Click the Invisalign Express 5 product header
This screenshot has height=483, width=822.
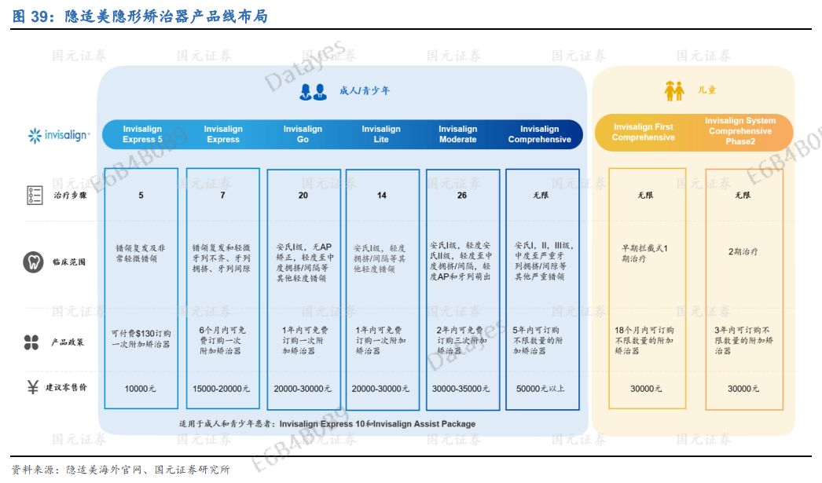pyautogui.click(x=142, y=134)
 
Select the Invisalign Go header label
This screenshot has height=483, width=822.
pyautogui.click(x=303, y=134)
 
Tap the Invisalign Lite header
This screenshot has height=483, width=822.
pyautogui.click(x=381, y=134)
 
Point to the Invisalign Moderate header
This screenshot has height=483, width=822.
pyautogui.click(x=457, y=134)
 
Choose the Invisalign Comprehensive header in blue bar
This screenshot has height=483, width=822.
pyautogui.click(x=539, y=134)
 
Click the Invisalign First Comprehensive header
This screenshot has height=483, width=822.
pyautogui.click(x=644, y=132)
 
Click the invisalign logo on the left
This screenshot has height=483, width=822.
pyautogui.click(x=59, y=135)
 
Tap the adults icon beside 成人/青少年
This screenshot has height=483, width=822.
pyautogui.click(x=313, y=92)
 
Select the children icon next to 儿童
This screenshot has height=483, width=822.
pyautogui.click(x=674, y=91)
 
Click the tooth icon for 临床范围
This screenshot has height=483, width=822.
pyautogui.click(x=33, y=262)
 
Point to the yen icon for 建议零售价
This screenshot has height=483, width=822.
pyautogui.click(x=33, y=387)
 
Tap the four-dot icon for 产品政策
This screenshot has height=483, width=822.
pyautogui.click(x=31, y=342)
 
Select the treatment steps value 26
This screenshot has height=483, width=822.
pyautogui.click(x=462, y=196)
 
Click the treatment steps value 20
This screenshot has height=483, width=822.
pyautogui.click(x=303, y=196)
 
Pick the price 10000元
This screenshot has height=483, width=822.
pyautogui.click(x=141, y=389)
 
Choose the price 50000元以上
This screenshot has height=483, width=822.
pyautogui.click(x=540, y=389)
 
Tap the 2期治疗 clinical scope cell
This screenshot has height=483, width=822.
pyautogui.click(x=743, y=252)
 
